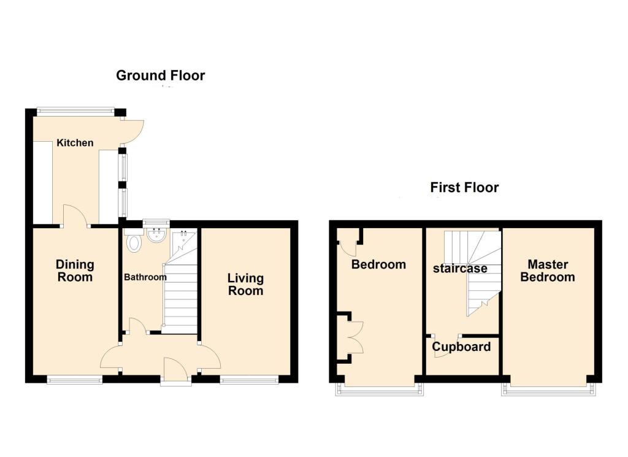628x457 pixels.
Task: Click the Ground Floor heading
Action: pos(160,75)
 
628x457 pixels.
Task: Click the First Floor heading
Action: pos(464,187)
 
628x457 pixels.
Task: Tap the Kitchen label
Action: pos(75,143)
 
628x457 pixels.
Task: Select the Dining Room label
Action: pos(75,271)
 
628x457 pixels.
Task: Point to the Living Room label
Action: pos(245,285)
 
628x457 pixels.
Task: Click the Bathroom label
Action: pos(145,277)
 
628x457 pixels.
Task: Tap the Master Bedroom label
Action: pos(547,271)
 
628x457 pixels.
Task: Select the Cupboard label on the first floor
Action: pos(461,347)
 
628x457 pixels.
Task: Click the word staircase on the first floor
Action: pos(460,268)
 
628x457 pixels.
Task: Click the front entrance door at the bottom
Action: pos(176,370)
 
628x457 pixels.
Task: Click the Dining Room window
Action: pos(75,381)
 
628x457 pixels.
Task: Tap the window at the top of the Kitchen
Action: pos(75,111)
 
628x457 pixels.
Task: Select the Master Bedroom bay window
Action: pos(548,389)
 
